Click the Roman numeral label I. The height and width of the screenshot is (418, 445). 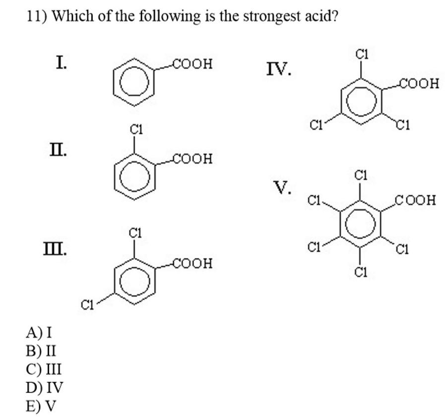pos(62,63)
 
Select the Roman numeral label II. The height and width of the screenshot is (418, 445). pos(59,149)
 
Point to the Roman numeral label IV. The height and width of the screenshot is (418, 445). pos(279,69)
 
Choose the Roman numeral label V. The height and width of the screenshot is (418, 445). pos(283,188)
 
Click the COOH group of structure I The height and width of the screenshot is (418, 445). pos(193,64)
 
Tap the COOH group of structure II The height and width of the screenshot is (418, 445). pos(193,159)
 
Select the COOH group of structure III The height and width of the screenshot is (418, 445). pos(193,263)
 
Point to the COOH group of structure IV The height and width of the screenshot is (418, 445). pos(420,83)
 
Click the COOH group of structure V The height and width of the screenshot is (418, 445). pos(416,200)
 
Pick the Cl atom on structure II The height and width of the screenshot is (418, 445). pos(136,130)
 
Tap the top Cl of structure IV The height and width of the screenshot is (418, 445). pos(362,54)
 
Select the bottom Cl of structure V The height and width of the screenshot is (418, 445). pos(361,272)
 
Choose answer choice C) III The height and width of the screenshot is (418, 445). pos(45,369)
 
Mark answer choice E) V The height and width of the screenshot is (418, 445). pos(41,406)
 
